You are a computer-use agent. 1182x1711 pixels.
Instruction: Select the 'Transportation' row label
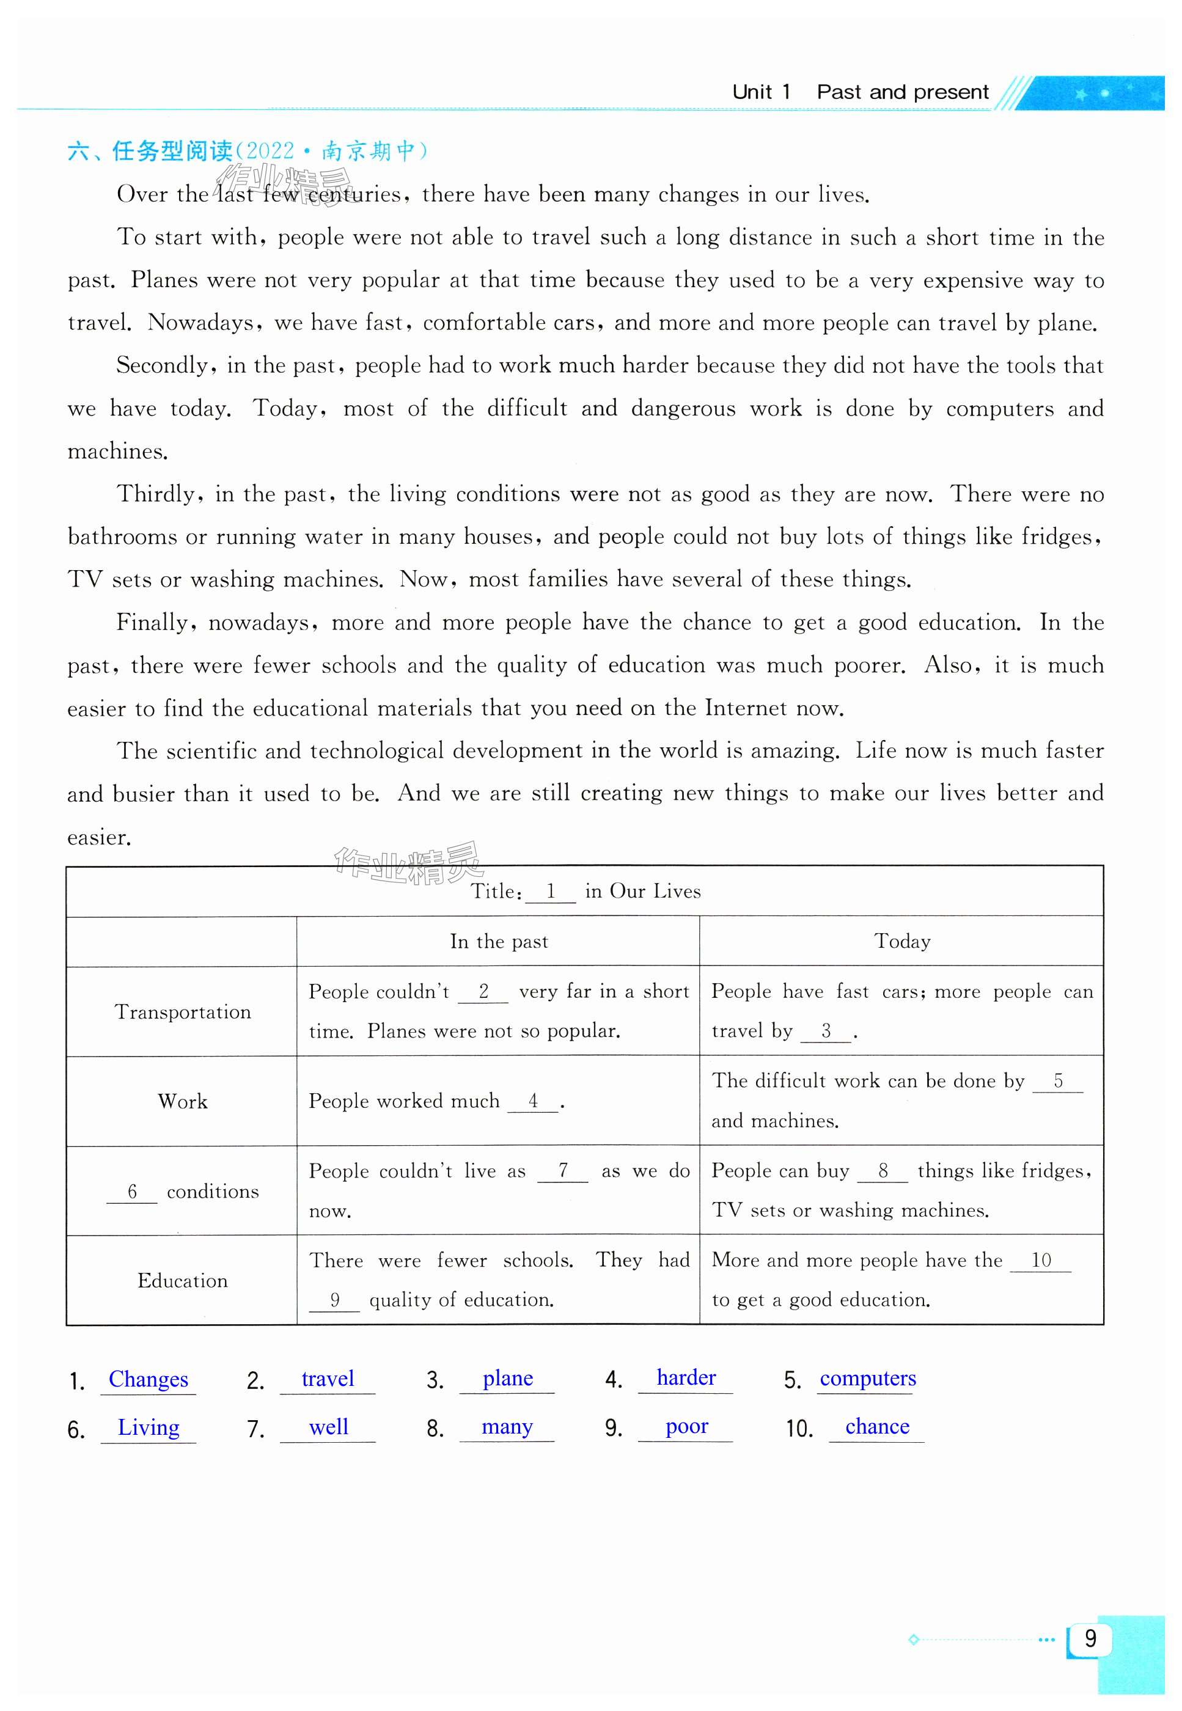coord(182,1011)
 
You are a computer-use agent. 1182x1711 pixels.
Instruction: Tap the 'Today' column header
coord(901,941)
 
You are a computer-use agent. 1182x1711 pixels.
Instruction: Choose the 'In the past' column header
coord(499,941)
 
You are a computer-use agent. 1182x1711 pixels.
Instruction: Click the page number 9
coord(1090,1638)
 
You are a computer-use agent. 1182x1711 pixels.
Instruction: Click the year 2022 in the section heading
coord(270,151)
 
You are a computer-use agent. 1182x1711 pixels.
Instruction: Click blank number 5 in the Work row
coord(1057,1081)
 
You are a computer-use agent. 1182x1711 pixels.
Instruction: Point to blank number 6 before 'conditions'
coord(132,1190)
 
